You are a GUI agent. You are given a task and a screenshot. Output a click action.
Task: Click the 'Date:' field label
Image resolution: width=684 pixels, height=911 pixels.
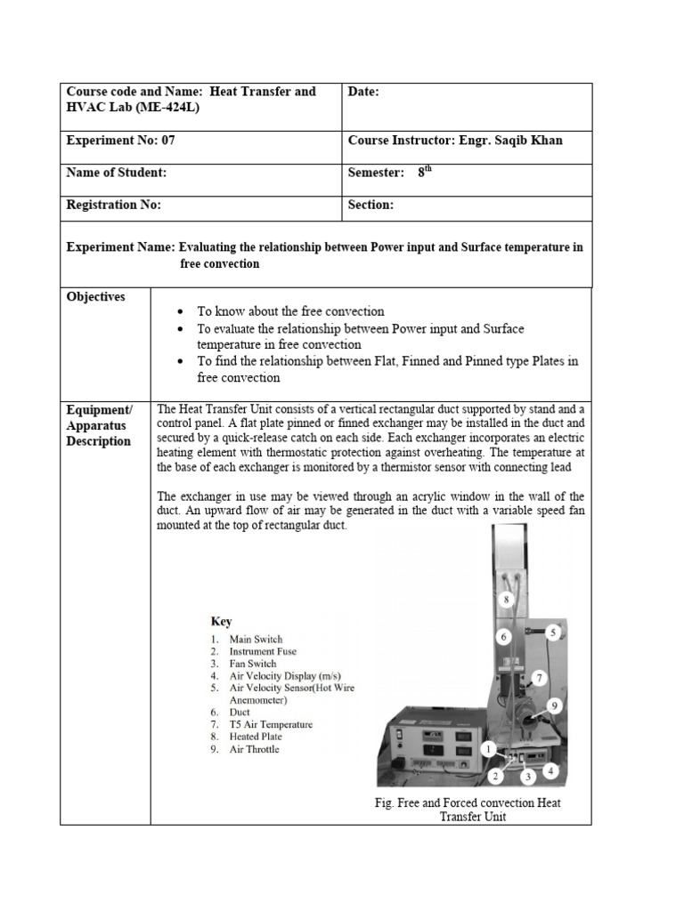pos(363,92)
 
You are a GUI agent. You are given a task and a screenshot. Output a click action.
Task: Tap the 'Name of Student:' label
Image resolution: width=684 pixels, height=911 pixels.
pos(117,173)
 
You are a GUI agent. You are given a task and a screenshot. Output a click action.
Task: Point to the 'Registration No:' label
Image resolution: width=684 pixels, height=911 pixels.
pos(114,205)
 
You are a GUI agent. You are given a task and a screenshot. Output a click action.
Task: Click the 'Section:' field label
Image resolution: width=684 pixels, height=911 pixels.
pos(370,205)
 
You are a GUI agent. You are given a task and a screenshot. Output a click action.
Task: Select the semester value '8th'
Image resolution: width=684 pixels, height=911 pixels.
pos(424,173)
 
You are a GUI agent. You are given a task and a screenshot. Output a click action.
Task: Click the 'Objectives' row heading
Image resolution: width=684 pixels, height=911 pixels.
pos(96,296)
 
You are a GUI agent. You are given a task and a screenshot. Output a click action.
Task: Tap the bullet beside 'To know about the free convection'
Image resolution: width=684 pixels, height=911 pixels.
pos(181,312)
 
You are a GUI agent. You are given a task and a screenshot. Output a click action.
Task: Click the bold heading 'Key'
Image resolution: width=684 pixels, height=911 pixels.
pos(221,622)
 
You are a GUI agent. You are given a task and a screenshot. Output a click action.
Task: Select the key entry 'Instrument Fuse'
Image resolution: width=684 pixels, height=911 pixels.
pos(263,651)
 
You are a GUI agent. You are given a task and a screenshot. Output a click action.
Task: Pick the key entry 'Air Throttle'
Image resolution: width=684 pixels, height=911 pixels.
pos(254,749)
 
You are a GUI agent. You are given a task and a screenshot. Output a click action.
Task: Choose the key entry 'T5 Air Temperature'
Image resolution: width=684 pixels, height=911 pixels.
pos(271,724)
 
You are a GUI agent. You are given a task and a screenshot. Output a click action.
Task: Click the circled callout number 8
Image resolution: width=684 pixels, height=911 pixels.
pos(506,601)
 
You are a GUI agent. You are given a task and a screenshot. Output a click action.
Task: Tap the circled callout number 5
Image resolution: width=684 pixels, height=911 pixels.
pos(553,633)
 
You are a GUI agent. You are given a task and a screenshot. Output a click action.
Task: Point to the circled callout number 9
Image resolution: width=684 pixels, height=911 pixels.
pos(553,705)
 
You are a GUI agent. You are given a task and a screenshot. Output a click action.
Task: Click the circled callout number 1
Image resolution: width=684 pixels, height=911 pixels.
pos(489,750)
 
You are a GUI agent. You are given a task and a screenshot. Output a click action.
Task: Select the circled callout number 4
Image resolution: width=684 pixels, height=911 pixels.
pos(552,770)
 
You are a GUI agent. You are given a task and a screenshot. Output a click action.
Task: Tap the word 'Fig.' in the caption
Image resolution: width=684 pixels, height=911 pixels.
pos(384,802)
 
